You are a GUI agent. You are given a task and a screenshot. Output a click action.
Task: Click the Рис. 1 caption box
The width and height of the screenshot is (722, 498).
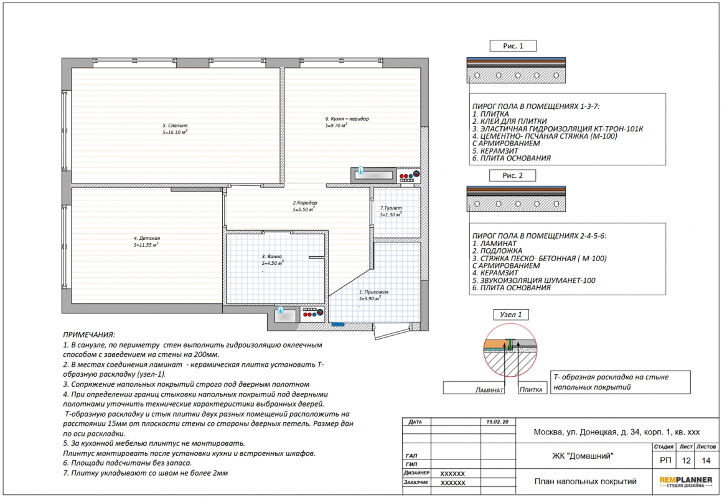513,46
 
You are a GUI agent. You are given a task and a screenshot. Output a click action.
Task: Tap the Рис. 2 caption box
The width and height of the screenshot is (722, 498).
512,175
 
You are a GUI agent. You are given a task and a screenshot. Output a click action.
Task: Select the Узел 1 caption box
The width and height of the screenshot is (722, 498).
510,315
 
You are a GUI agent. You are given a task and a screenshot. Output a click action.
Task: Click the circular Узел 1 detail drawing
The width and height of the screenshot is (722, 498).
510,349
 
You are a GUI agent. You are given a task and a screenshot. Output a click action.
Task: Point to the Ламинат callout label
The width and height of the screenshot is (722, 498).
489,390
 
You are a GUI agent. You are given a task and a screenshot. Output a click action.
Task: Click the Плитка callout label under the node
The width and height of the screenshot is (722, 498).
531,390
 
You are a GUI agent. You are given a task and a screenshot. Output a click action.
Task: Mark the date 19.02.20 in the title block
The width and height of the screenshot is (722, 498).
497,422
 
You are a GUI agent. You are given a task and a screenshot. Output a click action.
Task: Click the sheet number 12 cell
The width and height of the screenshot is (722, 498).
686,460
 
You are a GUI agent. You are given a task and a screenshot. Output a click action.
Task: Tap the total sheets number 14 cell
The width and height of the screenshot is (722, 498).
706,460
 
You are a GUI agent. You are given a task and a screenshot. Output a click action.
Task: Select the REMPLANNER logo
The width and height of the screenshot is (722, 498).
686,482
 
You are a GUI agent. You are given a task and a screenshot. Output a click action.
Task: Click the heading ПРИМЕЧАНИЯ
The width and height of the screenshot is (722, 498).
89,334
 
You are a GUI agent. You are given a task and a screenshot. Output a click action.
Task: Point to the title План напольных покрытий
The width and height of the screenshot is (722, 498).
585,481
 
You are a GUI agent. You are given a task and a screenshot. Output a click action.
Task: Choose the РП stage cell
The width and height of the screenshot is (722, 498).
665,460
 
